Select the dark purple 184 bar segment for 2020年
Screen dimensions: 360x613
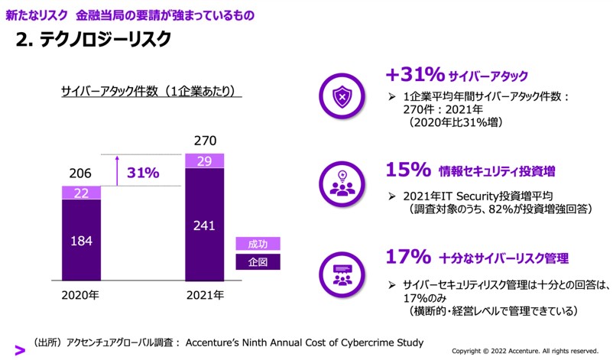point(81,241)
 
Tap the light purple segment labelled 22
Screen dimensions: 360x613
point(81,193)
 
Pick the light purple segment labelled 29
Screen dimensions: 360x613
point(204,161)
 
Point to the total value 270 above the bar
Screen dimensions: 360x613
point(204,141)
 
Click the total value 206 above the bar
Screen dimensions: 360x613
point(81,174)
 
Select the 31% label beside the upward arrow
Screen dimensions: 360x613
point(143,174)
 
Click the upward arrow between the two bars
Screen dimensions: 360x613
point(115,170)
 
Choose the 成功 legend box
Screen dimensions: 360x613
point(258,245)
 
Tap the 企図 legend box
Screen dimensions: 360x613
point(258,262)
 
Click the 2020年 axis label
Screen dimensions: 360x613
point(80,294)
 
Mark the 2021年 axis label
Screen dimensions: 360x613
point(204,294)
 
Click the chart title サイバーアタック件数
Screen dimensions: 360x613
point(151,92)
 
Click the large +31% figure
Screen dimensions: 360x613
point(415,75)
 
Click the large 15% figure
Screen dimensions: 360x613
point(409,169)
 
